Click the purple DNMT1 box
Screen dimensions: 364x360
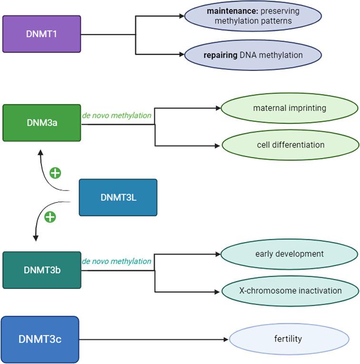[41, 34]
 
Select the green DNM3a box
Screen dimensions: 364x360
[41, 123]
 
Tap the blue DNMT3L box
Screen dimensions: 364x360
[118, 197]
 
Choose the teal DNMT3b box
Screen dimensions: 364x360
[41, 270]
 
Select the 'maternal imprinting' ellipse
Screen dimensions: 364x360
[289, 108]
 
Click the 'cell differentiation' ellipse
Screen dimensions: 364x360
[289, 145]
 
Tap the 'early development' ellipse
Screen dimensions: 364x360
[289, 254]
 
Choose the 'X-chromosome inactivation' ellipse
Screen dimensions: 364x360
[289, 290]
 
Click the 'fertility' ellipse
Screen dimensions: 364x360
[288, 339]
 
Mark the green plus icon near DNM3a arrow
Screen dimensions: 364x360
[55, 173]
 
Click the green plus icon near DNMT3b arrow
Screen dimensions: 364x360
[50, 217]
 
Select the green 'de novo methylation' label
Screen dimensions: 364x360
[117, 116]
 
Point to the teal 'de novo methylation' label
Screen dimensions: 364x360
[117, 261]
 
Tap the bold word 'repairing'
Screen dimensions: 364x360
[220, 55]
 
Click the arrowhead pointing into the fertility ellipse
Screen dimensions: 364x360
[226, 339]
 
